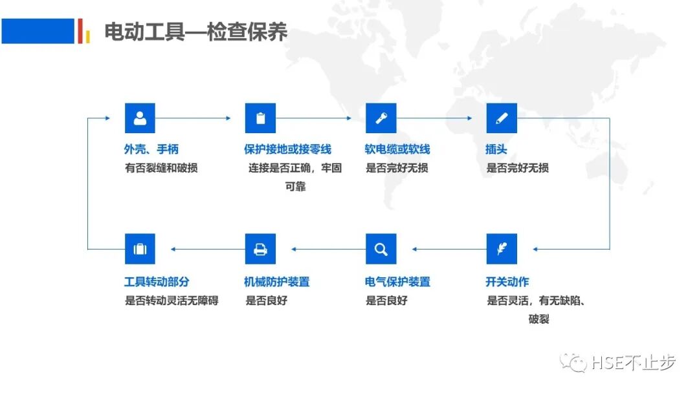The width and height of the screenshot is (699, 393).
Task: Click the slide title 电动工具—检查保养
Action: pos(196,32)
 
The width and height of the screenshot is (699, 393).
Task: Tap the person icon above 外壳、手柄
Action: pos(140,118)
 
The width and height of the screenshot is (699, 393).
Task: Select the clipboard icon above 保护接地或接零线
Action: pos(260,118)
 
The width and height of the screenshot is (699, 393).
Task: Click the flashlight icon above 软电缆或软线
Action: pos(381,118)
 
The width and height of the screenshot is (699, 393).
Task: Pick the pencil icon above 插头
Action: pos(502,118)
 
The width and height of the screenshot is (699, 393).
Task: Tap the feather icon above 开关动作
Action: pos(502,249)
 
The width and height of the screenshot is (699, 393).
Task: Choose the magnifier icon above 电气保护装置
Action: pos(381,249)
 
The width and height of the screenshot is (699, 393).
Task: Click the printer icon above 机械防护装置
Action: pos(260,249)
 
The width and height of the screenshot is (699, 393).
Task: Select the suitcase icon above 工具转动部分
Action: pos(140,249)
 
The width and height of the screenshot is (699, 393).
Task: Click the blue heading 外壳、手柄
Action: pos(151,150)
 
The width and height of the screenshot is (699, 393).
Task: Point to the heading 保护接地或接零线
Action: pos(287,150)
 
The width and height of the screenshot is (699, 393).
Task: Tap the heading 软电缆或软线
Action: pos(397,150)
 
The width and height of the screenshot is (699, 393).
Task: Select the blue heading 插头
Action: pos(496,150)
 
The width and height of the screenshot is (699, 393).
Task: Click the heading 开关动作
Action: pos(507,282)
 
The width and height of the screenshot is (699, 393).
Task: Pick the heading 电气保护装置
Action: pos(397,282)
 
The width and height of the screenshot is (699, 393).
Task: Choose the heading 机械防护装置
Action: pos(277,282)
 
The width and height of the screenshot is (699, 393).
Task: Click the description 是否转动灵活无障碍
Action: pos(172,301)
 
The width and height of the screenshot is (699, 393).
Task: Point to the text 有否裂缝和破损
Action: pos(161,168)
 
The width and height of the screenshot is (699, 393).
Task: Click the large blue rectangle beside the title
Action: pos(38,31)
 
